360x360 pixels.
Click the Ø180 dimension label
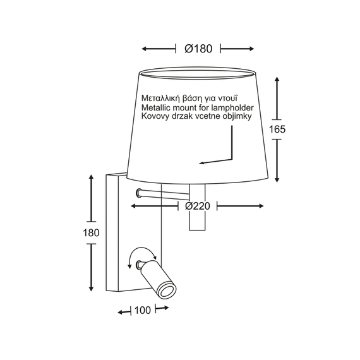click(198, 49)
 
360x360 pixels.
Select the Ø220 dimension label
click(198, 206)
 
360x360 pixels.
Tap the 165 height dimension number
click(277, 129)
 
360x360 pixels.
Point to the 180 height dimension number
click(91, 233)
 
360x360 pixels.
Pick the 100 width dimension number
click(143, 310)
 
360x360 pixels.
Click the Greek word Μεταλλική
click(160, 99)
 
